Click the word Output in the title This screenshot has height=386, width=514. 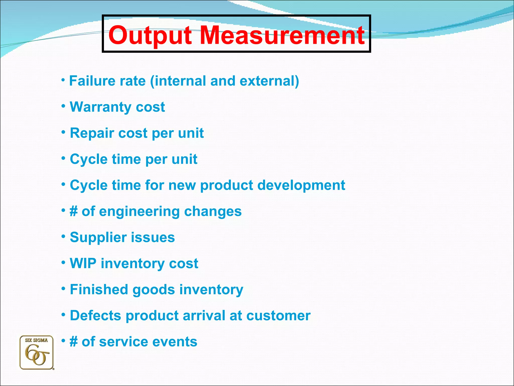(x=150, y=35)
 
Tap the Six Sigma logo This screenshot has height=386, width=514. (x=37, y=353)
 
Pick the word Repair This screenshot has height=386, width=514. (x=92, y=133)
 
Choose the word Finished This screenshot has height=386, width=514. (x=99, y=289)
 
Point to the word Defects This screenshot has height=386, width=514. (x=95, y=315)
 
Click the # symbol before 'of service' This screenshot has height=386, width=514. (x=74, y=342)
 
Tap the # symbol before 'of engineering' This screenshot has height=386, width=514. (x=74, y=211)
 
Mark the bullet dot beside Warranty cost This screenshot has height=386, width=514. (x=63, y=106)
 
